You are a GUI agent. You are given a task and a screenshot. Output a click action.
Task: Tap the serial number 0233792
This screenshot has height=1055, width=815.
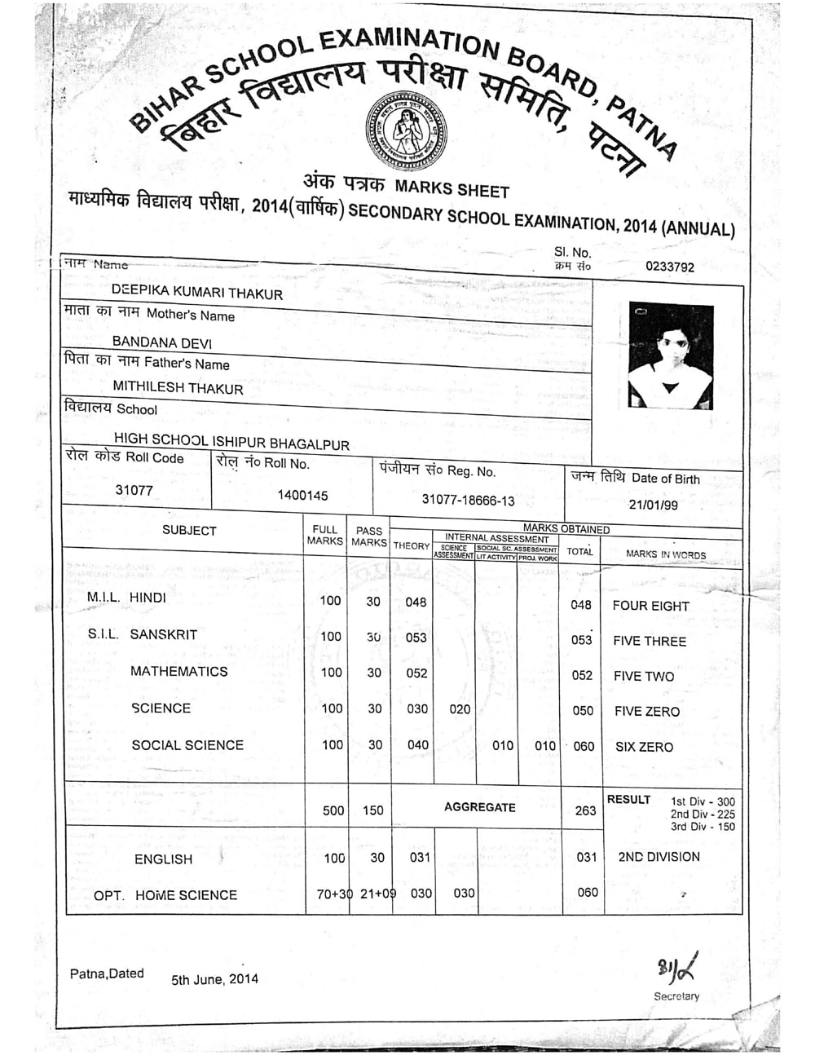669,266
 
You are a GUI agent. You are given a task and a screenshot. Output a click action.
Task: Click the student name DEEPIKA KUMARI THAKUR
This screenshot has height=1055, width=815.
196,293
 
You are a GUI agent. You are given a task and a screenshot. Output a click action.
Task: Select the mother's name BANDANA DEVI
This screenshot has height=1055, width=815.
161,342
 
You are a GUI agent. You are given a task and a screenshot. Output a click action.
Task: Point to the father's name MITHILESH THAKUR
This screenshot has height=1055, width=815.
178,388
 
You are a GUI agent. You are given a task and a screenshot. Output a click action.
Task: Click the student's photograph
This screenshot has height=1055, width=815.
671,356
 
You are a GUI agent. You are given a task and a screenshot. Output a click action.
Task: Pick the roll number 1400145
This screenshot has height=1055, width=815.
302,496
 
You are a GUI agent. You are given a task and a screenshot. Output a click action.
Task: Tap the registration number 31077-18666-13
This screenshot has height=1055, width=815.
468,500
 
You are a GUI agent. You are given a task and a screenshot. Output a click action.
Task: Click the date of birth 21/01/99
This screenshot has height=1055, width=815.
653,505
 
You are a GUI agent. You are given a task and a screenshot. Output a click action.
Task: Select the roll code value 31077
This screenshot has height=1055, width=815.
134,490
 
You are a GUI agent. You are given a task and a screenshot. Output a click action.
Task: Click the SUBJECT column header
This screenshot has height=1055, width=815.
189,531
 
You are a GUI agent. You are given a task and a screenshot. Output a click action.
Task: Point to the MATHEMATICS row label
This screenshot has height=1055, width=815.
178,672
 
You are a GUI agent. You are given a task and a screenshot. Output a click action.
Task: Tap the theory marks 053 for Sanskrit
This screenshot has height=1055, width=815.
416,638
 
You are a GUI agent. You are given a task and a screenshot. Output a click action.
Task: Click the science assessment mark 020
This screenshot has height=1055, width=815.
460,709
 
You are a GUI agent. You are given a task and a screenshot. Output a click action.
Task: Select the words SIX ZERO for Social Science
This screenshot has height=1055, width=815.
644,747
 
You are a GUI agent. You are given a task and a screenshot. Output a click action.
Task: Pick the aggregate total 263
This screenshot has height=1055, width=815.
585,810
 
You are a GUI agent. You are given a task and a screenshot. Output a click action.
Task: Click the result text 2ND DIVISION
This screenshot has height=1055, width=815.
659,857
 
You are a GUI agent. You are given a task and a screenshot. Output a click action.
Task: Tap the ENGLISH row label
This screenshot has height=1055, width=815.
164,859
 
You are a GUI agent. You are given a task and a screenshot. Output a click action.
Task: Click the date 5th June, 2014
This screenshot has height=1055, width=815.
214,979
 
